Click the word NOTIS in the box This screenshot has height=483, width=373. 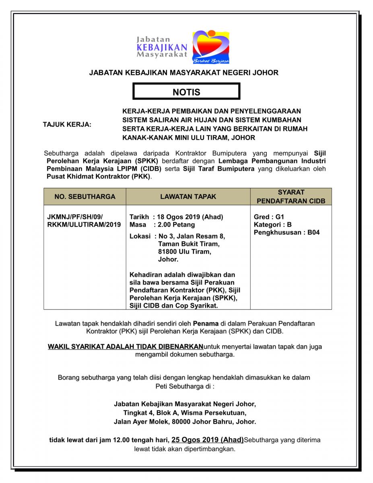coord(186,92)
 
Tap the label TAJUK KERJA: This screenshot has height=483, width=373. coord(67,124)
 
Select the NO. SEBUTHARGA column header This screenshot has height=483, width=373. coord(85,196)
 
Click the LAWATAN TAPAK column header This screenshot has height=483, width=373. coord(188,196)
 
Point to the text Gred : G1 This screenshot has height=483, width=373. coord(269,217)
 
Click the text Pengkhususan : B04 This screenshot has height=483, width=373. coord(286,232)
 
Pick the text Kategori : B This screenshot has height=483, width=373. coord(273,225)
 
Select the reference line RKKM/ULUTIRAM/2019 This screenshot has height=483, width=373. coord(84,225)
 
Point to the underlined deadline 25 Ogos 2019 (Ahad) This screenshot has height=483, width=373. coord(207,440)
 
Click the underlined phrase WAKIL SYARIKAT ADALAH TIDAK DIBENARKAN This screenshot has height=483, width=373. coord(126,346)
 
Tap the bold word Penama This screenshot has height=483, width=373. coord(206,323)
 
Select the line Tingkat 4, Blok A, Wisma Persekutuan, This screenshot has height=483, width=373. coord(185,413)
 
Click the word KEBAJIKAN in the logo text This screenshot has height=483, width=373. coord(162,47)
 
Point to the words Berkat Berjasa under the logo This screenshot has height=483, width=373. coord(211,62)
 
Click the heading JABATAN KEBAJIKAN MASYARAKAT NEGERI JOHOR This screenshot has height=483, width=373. coord(183,73)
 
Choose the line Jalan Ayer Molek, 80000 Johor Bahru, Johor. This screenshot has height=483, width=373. coord(185,422)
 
